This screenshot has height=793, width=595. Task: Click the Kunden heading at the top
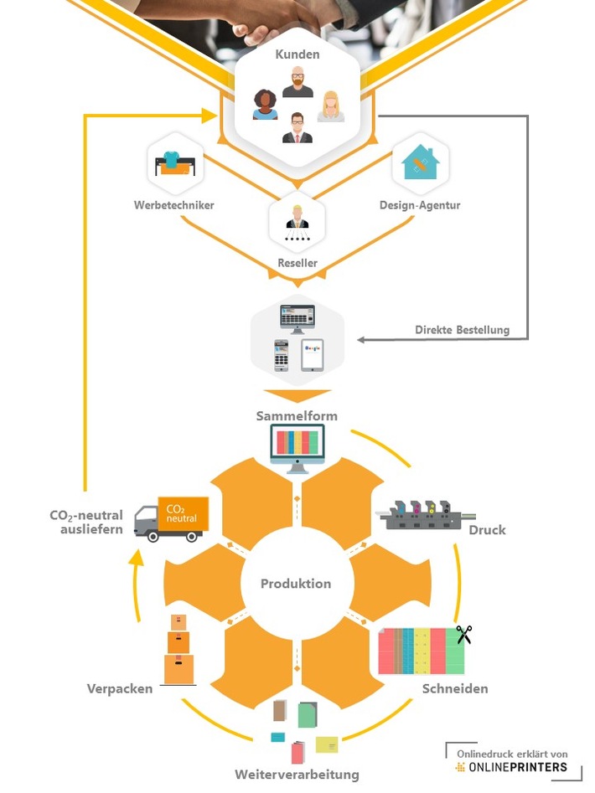coord(297,54)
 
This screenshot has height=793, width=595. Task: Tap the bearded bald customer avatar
coord(297,81)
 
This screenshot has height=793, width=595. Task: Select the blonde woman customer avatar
coord(331,106)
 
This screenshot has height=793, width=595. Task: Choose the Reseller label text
coord(297,263)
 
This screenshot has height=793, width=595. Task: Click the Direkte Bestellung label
coord(462,330)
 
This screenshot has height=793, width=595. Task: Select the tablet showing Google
coord(313,354)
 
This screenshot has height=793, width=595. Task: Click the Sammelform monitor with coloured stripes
coord(297,445)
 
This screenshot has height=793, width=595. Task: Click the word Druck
coord(487,530)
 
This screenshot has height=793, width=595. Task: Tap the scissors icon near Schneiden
coord(463,635)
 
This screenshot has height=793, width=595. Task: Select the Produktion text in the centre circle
coord(296,584)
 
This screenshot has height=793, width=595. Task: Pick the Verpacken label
coord(120,688)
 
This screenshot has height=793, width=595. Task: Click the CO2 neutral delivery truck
coord(171,518)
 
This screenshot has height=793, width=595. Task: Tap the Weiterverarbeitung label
coord(297,774)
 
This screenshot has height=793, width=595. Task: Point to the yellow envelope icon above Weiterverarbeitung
coord(327,744)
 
